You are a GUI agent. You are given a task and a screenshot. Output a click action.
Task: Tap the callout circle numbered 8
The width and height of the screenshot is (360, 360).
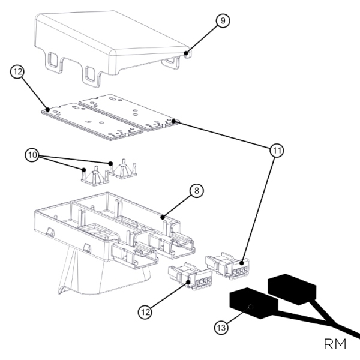tap(196, 191)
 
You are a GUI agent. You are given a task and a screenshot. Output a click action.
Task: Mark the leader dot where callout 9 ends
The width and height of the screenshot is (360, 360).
tap(187, 54)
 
